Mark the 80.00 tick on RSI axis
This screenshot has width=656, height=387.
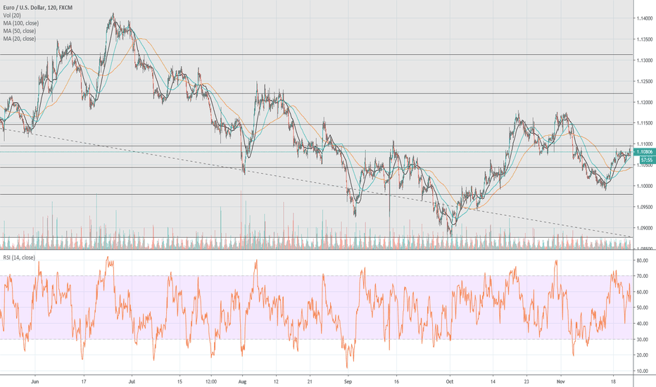coord(641,260)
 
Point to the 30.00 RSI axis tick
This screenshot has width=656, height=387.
coord(641,339)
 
